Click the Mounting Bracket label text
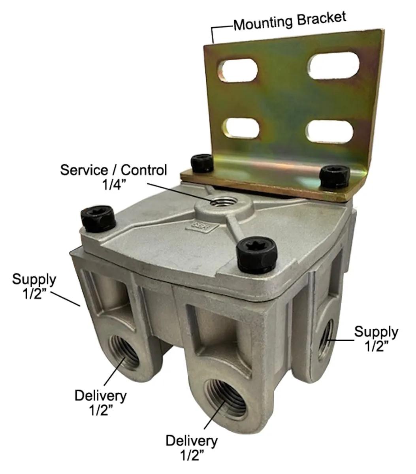pos(290,21)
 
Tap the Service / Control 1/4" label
pos(114,177)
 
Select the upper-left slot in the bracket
pos(237,70)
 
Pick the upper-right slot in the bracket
pos(333,65)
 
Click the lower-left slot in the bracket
pos(241,128)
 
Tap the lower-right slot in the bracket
pos(330,132)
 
